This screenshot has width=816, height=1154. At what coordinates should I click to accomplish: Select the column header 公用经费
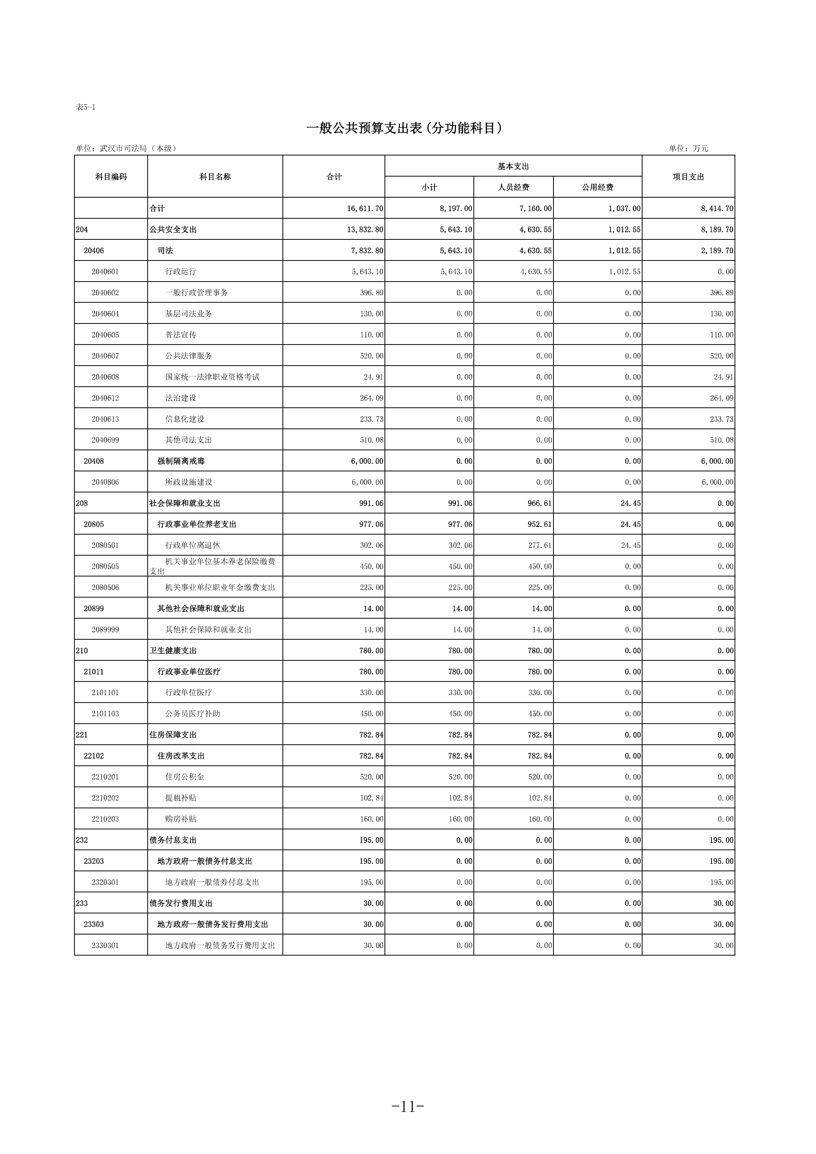click(x=598, y=187)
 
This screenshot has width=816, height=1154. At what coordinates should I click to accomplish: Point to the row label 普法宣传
click(x=181, y=335)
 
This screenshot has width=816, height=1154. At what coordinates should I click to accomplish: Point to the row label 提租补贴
click(x=181, y=798)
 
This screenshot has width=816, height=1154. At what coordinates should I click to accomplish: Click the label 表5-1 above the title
click(x=85, y=107)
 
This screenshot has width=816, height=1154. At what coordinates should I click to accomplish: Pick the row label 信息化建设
click(x=185, y=419)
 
